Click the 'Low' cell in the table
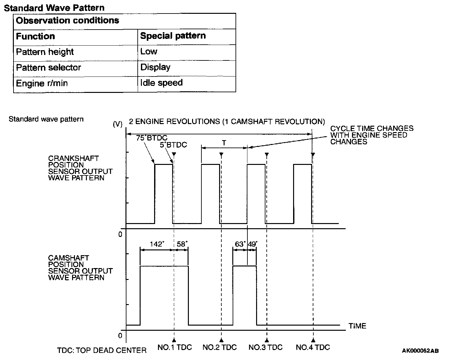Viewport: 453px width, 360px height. (149, 51)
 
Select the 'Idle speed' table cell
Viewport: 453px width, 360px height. (161, 83)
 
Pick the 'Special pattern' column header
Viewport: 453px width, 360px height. (173, 36)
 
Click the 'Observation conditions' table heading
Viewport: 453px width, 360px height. (68, 21)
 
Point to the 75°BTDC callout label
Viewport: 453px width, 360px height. (152, 138)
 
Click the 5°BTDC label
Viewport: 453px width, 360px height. (173, 145)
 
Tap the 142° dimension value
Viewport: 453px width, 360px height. (157, 244)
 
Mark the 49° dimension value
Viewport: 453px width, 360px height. (253, 244)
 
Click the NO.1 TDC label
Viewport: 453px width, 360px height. (174, 347)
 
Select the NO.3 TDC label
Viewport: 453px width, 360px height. (265, 347)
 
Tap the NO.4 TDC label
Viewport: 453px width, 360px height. (313, 347)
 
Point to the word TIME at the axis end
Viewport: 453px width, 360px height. (357, 326)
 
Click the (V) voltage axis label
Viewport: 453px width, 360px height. (118, 124)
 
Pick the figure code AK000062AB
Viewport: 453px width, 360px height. (420, 351)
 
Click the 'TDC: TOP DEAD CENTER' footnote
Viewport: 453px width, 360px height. (102, 350)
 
